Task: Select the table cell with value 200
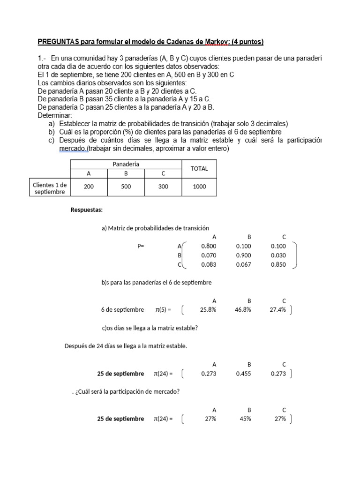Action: [x=89, y=186]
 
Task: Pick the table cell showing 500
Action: [x=126, y=186]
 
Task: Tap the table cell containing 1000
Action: [x=199, y=186]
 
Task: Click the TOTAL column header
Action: [x=199, y=168]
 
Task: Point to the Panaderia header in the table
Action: [x=126, y=164]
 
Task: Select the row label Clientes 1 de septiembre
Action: [x=50, y=188]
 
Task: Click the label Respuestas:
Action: [x=86, y=209]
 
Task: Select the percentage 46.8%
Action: [x=243, y=309]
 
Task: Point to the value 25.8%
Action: [x=208, y=309]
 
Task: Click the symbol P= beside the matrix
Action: [x=141, y=246]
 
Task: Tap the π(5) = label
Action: [x=163, y=309]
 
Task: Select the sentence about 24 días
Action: [x=126, y=346]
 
